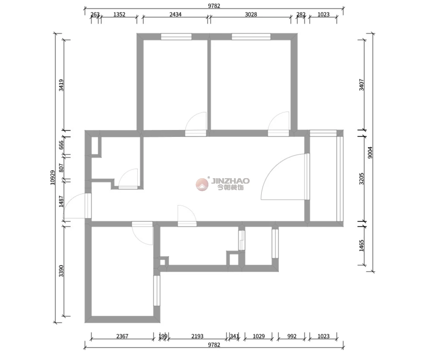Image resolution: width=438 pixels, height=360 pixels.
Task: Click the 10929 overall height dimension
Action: [53, 177]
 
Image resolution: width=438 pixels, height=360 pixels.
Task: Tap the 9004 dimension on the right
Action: [370, 153]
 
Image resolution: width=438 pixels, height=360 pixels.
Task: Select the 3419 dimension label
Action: [61, 85]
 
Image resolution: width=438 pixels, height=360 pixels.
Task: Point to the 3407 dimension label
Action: [362, 85]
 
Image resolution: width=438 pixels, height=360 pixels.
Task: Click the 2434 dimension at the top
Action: [175, 14]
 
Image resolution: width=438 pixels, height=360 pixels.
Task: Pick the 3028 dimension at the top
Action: [251, 14]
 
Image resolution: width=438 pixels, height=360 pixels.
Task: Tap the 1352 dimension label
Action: [119, 14]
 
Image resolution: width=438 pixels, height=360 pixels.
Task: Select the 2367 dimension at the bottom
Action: [122, 336]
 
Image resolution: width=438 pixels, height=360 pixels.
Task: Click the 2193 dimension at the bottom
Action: [197, 336]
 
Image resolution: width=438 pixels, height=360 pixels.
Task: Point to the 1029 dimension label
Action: [258, 336]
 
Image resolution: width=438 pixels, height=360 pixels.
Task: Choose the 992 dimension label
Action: [292, 336]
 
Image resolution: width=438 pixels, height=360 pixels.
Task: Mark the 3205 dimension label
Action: [362, 179]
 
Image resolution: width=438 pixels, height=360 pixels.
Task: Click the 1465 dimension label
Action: [362, 245]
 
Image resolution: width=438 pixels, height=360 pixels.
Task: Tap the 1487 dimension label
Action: [61, 201]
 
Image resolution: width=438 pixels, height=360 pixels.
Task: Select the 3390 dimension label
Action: [61, 271]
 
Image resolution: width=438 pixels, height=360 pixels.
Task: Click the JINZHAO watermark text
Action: [230, 181]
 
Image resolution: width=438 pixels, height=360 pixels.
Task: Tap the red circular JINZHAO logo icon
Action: [202, 184]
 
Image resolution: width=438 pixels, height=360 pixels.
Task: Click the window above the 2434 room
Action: [176, 37]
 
